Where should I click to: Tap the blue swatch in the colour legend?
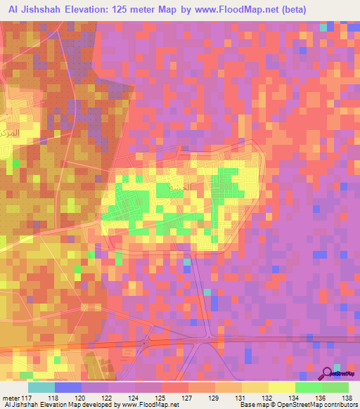click(67, 387)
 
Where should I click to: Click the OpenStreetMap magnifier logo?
click(328, 375)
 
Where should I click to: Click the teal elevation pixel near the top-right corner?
click(324, 27)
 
